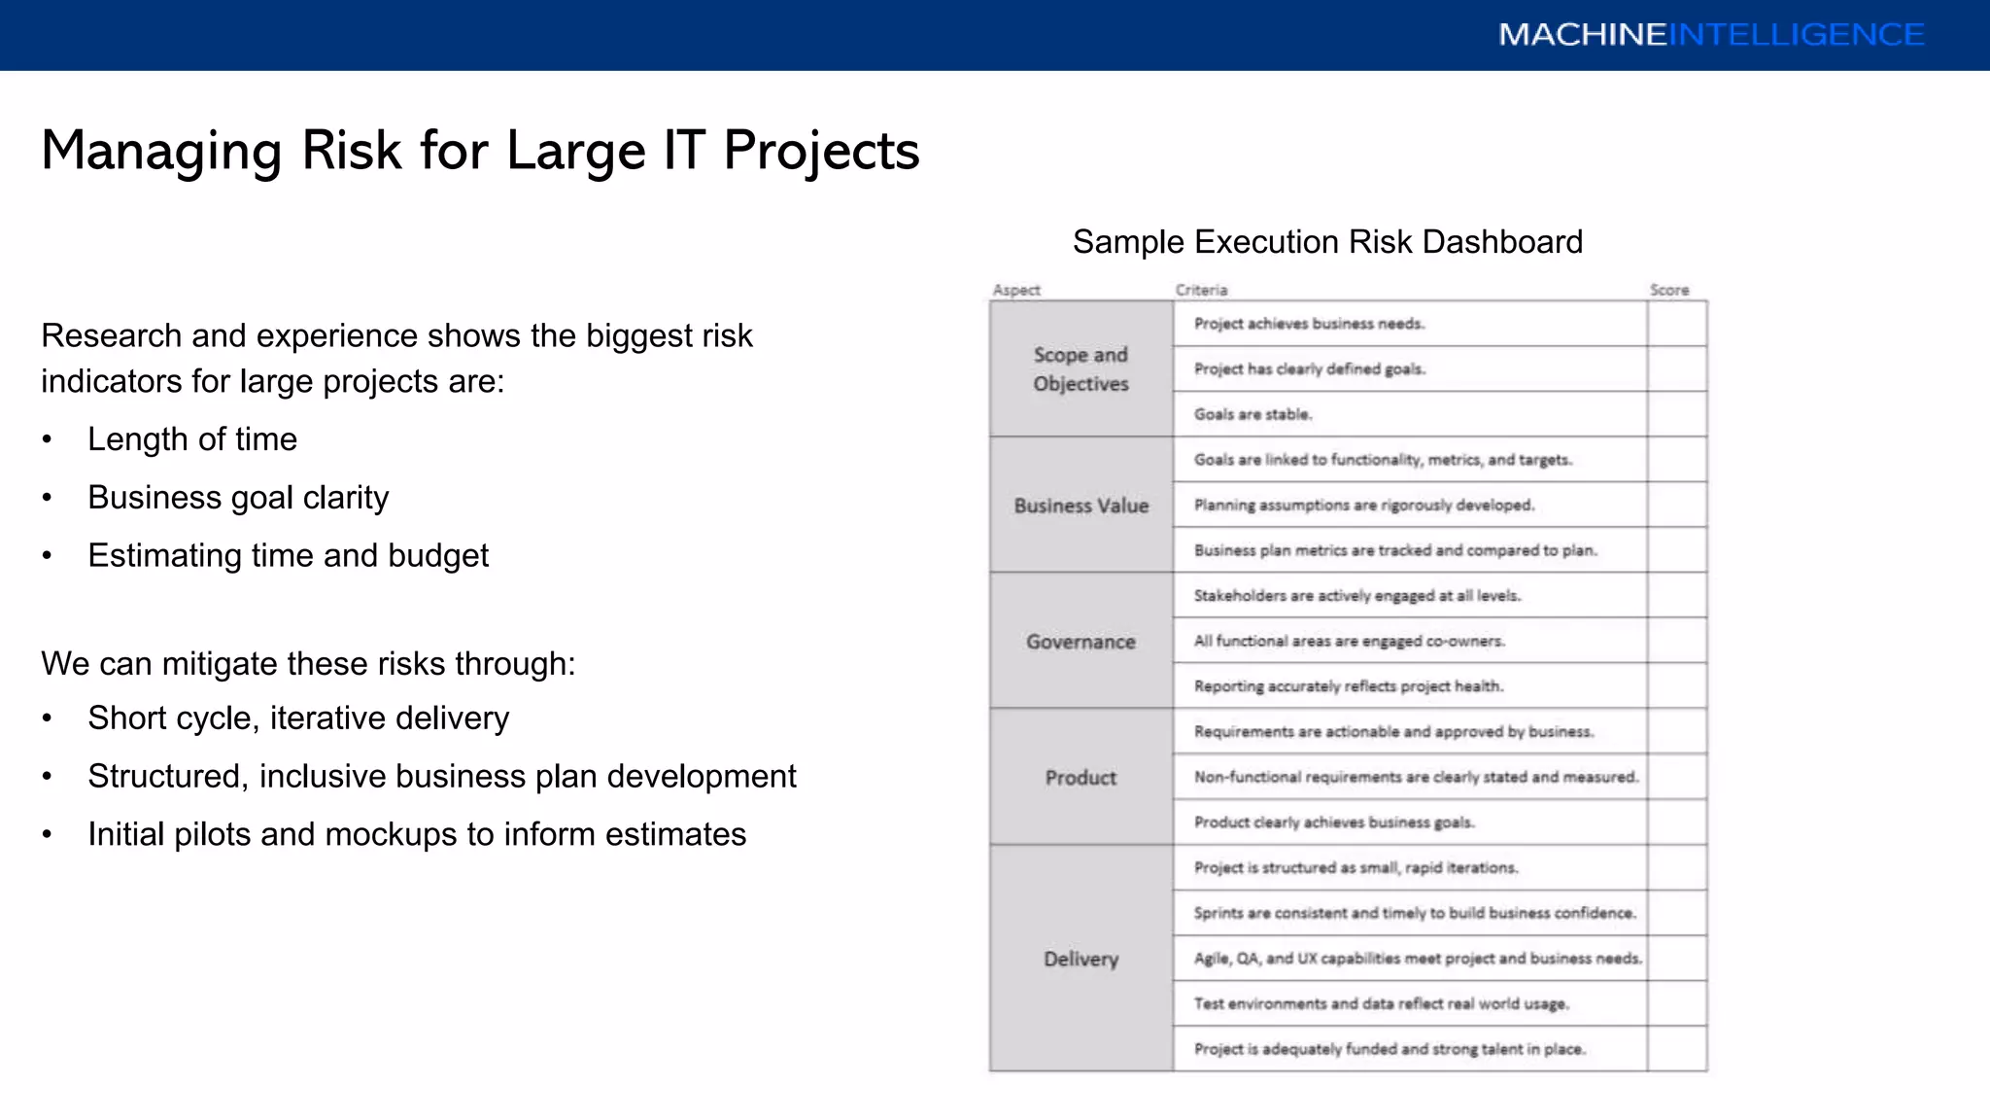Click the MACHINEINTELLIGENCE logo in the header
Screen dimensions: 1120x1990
(x=1710, y=35)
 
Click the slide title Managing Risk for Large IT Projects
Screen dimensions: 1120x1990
(x=480, y=151)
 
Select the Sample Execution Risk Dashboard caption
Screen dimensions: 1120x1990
(x=1327, y=241)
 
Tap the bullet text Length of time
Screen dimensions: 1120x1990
(x=192, y=439)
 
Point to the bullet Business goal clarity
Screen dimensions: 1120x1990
(x=238, y=498)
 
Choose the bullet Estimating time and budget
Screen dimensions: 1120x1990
(x=289, y=556)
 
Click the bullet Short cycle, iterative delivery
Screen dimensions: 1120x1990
(x=298, y=718)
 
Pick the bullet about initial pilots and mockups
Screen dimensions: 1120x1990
(x=417, y=835)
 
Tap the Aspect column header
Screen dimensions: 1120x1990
(x=1016, y=290)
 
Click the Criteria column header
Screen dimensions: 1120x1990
(x=1201, y=290)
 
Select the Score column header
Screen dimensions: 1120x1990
(x=1669, y=290)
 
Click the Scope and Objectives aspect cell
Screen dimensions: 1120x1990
(x=1081, y=369)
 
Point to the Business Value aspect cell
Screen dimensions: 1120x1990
(x=1081, y=506)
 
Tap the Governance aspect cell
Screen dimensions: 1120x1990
(x=1081, y=642)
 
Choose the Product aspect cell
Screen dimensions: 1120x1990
(x=1081, y=778)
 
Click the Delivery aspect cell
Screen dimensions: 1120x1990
(x=1081, y=960)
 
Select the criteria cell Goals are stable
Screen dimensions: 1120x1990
(x=1252, y=414)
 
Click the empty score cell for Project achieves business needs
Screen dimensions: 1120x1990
(x=1677, y=324)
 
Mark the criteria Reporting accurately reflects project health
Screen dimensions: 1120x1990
(x=1349, y=686)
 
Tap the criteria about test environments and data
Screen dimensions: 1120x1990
(x=1381, y=1004)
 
